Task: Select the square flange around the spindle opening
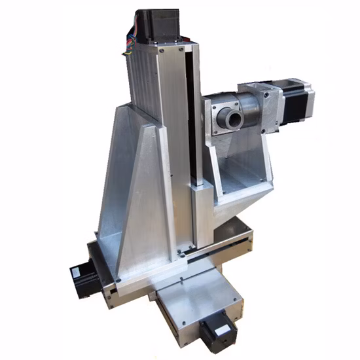(x=223, y=118)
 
